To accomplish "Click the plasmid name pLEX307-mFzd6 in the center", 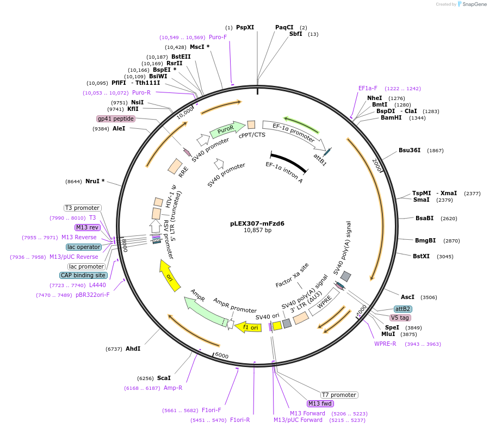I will pos(257,223).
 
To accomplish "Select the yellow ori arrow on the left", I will pos(169,275).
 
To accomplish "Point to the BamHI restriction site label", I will pos(391,117).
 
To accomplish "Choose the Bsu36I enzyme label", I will pos(409,150).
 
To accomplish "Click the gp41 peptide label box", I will pos(115,119).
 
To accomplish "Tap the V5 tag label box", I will pos(400,318).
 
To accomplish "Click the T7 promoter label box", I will pos(339,395).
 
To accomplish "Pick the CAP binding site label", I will pos(83,275).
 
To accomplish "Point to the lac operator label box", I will pos(84,247).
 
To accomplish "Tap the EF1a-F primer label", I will pos(368,88).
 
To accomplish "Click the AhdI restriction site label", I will pos(133,349).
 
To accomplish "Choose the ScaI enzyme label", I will pos(164,378).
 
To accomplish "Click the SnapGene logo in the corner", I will pos(472,4).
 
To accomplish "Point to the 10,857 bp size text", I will pos(257,230).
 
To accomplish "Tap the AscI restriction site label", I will pos(407,297).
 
